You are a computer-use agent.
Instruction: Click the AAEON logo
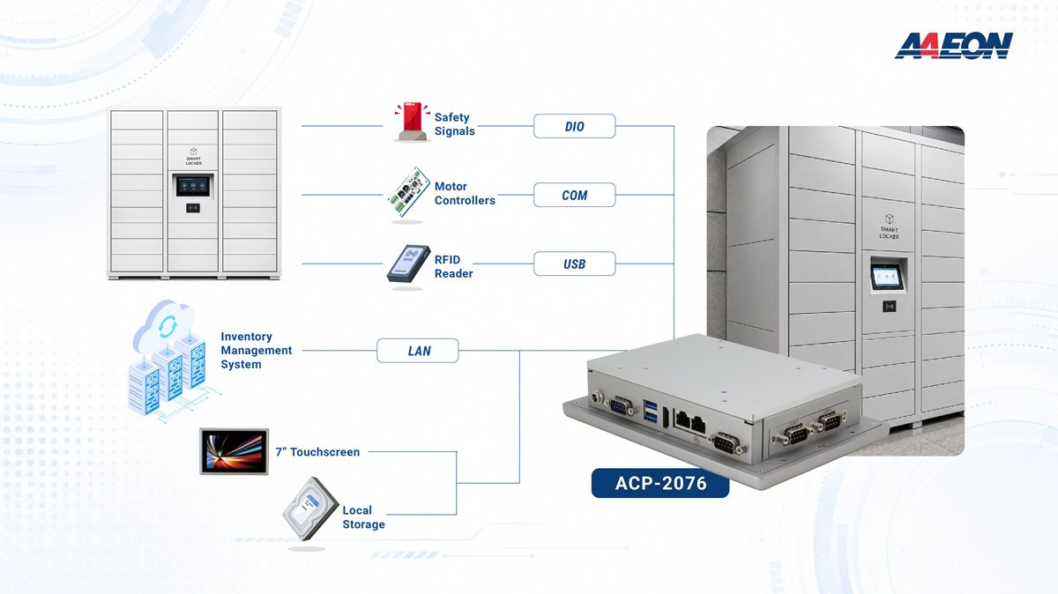tap(954, 46)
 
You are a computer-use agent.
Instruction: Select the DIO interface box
tap(574, 126)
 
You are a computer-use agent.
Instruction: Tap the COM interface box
tap(574, 195)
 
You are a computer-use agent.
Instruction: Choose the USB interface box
tap(574, 264)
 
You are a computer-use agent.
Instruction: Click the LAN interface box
tap(418, 351)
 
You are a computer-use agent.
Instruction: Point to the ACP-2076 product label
tap(660, 483)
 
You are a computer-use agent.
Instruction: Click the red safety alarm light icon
tap(412, 122)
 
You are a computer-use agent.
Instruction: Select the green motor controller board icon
tap(408, 192)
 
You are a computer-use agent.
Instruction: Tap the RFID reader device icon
tap(408, 264)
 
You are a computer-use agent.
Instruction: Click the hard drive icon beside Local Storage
tap(310, 509)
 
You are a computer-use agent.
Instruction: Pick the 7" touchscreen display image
tap(235, 451)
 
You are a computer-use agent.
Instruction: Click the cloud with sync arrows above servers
tap(164, 324)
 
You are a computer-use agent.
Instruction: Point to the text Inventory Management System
tap(256, 351)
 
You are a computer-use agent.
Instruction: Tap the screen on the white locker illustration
tap(193, 186)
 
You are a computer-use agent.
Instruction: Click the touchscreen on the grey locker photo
tap(887, 277)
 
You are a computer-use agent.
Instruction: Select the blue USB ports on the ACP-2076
tap(651, 411)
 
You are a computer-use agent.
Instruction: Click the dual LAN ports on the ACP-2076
tap(690, 420)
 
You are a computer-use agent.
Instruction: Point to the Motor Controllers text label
tap(465, 193)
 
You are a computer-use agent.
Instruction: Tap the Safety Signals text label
tap(454, 124)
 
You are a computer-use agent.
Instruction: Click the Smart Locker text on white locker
tap(193, 160)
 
